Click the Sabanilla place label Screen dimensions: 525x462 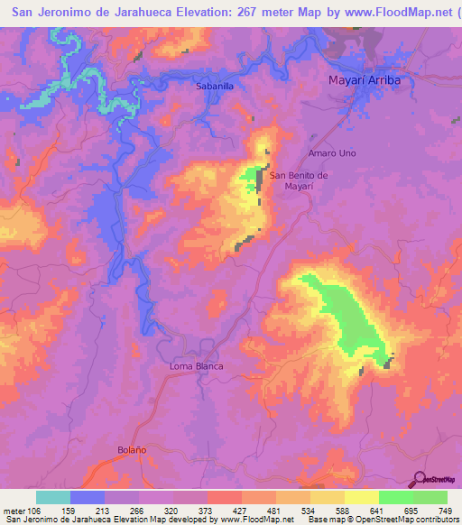click(216, 87)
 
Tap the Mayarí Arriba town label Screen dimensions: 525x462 click(362, 80)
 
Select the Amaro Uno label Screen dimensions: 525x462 click(332, 153)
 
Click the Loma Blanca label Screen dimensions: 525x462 click(196, 366)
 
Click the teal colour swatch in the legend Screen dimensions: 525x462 click(53, 497)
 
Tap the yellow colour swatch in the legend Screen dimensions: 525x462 click(362, 497)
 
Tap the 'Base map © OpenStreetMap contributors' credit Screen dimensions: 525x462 click(379, 519)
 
